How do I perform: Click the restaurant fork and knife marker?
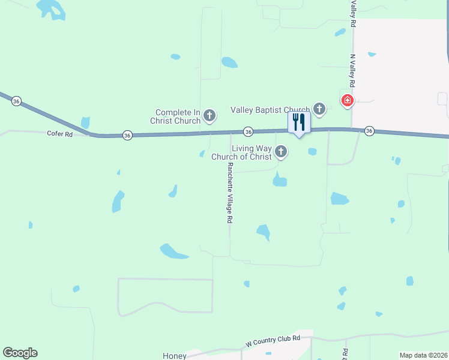[299, 122]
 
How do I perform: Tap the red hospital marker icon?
[347, 100]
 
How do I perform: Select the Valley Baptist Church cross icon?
[320, 109]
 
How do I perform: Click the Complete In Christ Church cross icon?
[209, 114]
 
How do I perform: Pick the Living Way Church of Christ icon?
[281, 153]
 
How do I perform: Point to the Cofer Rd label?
[59, 134]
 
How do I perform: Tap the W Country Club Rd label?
[273, 342]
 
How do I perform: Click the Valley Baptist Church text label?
[270, 110]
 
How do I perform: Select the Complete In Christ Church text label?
[178, 116]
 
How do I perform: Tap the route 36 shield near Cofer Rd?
[127, 136]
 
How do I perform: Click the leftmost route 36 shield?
[16, 101]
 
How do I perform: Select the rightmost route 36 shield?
[369, 131]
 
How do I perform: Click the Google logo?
[20, 353]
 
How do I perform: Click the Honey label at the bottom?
[175, 356]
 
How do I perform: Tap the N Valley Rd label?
[353, 71]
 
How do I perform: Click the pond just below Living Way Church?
[279, 180]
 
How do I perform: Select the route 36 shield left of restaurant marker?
[248, 131]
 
